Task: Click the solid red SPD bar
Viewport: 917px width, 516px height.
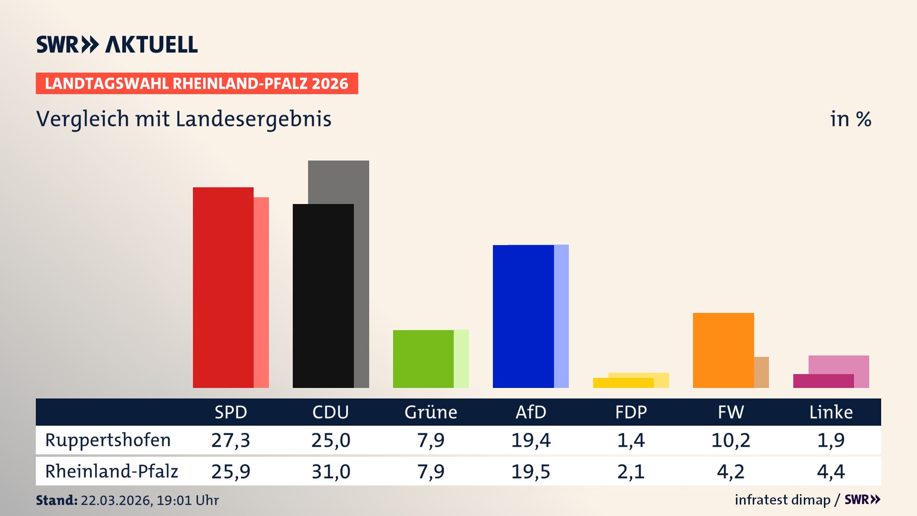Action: pos(223,287)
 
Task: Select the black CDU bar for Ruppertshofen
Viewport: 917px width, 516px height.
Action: pos(323,296)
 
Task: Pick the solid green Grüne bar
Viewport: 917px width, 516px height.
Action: pos(423,359)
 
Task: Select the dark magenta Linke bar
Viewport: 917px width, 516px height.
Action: pos(823,381)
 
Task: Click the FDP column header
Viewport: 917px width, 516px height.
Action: pos(630,412)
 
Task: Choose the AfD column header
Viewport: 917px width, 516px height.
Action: pos(531,412)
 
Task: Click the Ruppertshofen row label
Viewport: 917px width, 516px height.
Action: pos(108,440)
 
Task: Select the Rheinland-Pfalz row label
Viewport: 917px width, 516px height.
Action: pos(111,471)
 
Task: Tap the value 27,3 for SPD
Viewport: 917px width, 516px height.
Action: pos(231,440)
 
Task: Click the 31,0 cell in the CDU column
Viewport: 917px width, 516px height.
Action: pos(331,472)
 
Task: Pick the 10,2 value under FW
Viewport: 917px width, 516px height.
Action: pos(731,440)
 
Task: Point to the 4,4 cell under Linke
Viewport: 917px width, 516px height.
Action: pos(831,472)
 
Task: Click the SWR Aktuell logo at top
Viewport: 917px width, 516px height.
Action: pos(117,44)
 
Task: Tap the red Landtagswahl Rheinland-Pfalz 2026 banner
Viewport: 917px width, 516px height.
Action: pos(197,84)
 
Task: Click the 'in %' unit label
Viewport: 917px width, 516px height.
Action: pos(850,119)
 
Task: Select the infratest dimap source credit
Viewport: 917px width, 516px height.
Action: pos(782,500)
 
